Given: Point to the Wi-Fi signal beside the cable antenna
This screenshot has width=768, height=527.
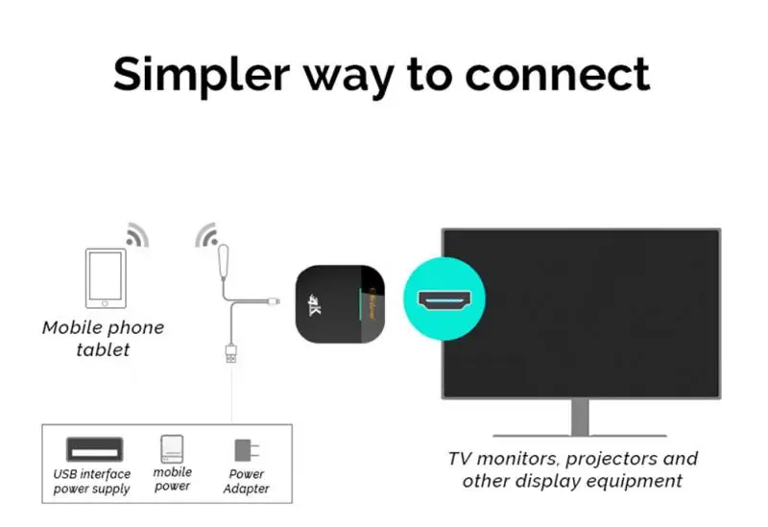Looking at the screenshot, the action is (206, 235).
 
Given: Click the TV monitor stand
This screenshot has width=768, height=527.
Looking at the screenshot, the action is (581, 418).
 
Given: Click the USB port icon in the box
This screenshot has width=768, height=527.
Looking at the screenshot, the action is (93, 449).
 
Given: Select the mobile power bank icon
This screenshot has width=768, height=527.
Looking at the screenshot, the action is (173, 449).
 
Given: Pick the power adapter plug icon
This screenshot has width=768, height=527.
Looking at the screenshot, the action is (246, 450).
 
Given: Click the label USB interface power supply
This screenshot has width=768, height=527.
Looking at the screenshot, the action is (92, 482).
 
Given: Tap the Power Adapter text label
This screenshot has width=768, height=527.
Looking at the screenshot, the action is (247, 482).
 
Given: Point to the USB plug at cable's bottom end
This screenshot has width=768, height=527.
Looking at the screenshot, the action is (231, 353).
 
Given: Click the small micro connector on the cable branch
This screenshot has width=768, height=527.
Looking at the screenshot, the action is (276, 303).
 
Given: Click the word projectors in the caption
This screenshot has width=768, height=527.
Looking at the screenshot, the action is (600, 459).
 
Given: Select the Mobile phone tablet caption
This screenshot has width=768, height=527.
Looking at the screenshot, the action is (104, 339).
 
